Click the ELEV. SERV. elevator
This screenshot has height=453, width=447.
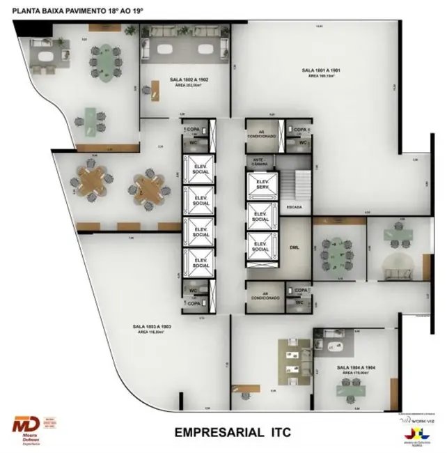tap(260, 185)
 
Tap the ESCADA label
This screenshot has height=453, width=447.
tap(294, 207)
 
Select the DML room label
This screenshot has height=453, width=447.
tap(295, 247)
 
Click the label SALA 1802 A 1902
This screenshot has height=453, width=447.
tap(189, 82)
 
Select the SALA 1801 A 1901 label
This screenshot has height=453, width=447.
tap(321, 72)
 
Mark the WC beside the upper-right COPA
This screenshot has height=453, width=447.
tap(303, 143)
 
